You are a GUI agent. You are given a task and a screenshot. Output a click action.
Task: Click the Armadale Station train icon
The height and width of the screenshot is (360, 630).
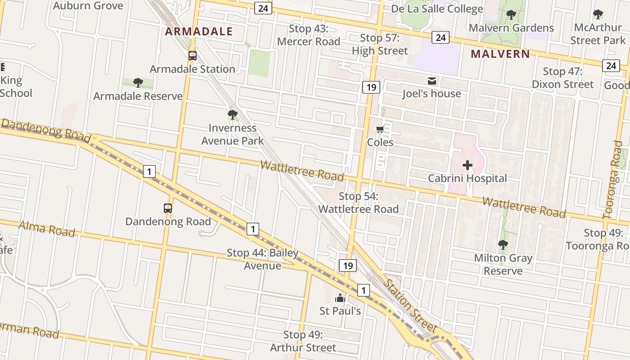(x=193, y=56)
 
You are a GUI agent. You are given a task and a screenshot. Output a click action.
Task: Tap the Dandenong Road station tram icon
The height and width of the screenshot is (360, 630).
(x=168, y=208)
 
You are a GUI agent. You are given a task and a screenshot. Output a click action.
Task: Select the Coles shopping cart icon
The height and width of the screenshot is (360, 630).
(x=380, y=130)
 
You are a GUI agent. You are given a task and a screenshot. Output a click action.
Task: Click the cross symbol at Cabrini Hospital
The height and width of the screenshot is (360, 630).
(x=468, y=165)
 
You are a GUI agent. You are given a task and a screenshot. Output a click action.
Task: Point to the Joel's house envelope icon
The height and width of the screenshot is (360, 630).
(x=432, y=81)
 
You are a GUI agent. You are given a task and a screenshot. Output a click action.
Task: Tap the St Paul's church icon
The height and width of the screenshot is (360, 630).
(x=340, y=298)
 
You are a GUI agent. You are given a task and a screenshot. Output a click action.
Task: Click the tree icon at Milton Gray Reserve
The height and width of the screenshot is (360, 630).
(x=503, y=245)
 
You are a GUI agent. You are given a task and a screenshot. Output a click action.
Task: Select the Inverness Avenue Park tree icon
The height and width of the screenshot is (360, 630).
(x=233, y=115)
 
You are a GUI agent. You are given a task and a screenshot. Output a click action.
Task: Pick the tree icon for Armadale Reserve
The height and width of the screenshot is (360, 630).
(x=138, y=83)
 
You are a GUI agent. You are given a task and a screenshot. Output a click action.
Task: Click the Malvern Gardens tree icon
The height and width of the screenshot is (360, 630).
(x=511, y=15)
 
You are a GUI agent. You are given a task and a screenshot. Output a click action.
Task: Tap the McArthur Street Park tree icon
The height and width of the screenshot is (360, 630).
(x=598, y=15)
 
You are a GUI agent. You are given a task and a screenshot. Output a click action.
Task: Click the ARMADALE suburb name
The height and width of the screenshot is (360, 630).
(x=198, y=31)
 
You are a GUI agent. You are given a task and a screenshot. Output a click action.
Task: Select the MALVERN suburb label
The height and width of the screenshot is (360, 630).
(x=500, y=54)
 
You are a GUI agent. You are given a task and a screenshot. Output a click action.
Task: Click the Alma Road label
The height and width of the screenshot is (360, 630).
(x=47, y=229)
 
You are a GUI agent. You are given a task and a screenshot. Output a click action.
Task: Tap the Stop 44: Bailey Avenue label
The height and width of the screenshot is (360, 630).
(x=263, y=259)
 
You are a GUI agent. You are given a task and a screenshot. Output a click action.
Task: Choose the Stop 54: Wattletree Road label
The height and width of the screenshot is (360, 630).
(x=358, y=202)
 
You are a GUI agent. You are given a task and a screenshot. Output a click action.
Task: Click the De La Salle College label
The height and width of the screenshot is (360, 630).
(x=436, y=9)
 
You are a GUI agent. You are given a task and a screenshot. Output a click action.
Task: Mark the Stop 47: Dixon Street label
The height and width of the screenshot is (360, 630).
(x=562, y=78)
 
